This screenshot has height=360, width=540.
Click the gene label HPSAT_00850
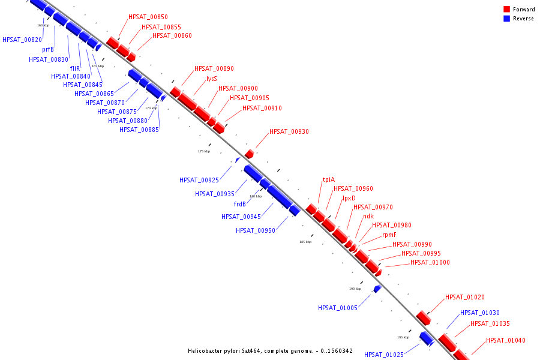click(x=148, y=17)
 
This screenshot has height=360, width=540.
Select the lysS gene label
click(x=211, y=79)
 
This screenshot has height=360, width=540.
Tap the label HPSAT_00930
click(x=289, y=131)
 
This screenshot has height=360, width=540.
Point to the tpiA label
click(x=328, y=179)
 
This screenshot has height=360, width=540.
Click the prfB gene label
click(x=48, y=49)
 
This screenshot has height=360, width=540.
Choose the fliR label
click(x=75, y=68)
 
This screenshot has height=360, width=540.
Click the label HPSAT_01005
click(x=338, y=308)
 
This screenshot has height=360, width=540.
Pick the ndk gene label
click(x=368, y=216)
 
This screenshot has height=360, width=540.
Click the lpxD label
click(x=349, y=198)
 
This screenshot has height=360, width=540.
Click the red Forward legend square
click(x=506, y=10)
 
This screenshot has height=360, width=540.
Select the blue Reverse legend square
click(x=506, y=19)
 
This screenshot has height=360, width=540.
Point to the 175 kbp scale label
click(x=204, y=151)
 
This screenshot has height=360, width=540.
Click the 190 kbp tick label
click(x=355, y=289)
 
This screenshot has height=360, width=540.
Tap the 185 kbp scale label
click(x=305, y=242)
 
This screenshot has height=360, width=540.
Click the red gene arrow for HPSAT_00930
click(x=249, y=154)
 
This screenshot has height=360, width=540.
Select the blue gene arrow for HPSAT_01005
click(x=377, y=289)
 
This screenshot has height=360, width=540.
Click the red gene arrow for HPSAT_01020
click(x=424, y=318)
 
